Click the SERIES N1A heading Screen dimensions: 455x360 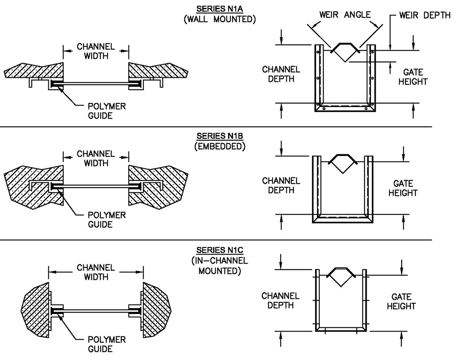[x=220, y=9]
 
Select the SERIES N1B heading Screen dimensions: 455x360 [x=220, y=136]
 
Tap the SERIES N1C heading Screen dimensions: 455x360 [x=220, y=250]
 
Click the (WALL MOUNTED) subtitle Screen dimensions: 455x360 [x=220, y=19]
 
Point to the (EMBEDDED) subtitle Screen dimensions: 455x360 [x=220, y=147]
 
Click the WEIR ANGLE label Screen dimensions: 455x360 [x=345, y=15]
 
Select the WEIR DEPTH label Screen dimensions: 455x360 [x=425, y=15]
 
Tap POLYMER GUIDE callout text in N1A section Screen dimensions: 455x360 [x=107, y=111]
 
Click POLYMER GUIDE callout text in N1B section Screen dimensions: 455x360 [x=107, y=220]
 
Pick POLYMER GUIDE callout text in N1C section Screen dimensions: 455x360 [x=107, y=344]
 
